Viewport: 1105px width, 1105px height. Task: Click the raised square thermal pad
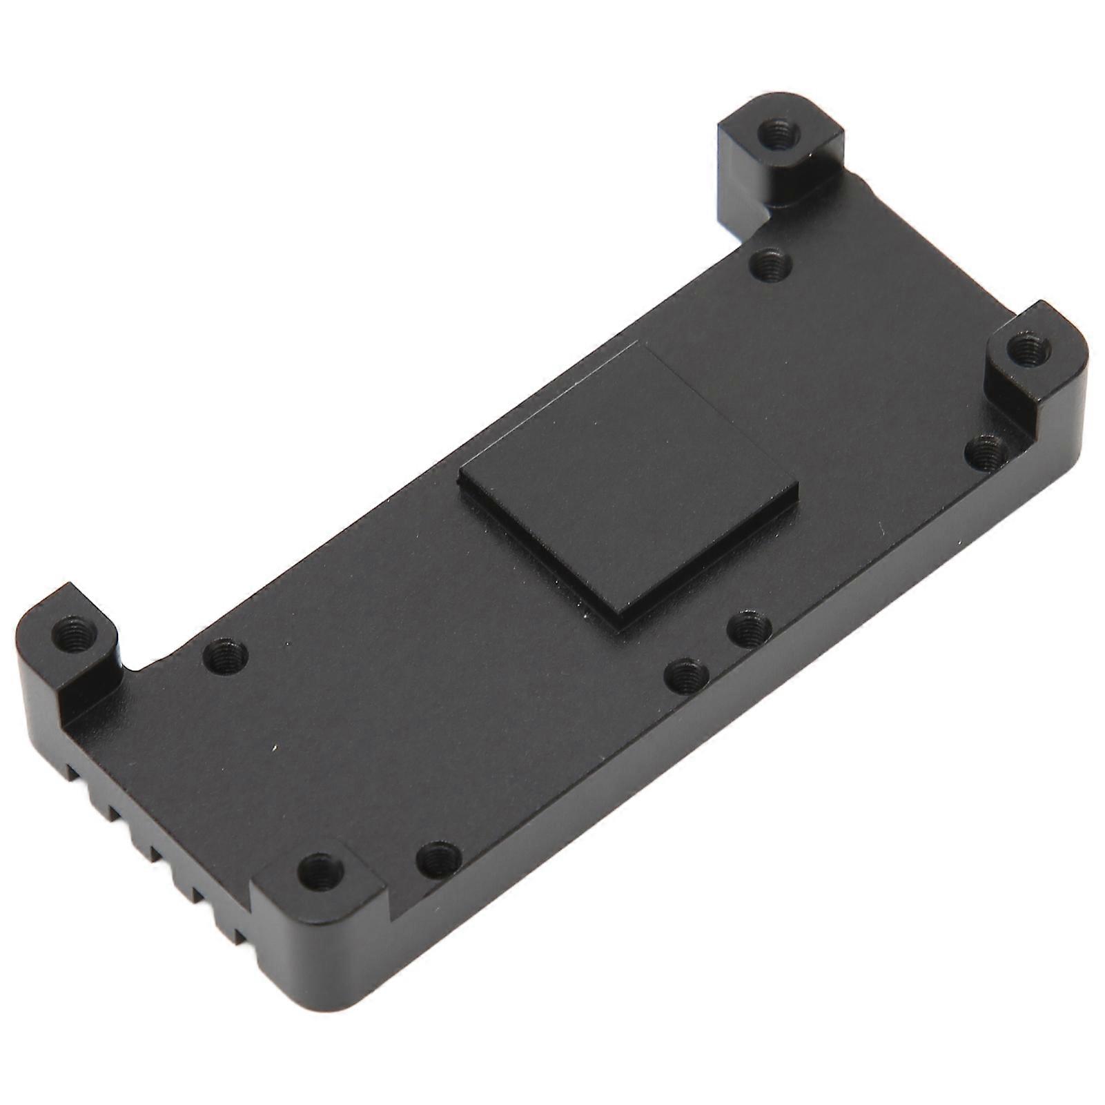coord(628,483)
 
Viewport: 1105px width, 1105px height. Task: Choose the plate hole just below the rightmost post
coord(986,452)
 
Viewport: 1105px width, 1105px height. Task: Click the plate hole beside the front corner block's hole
coord(439,858)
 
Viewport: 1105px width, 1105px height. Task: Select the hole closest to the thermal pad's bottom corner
coord(750,627)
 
